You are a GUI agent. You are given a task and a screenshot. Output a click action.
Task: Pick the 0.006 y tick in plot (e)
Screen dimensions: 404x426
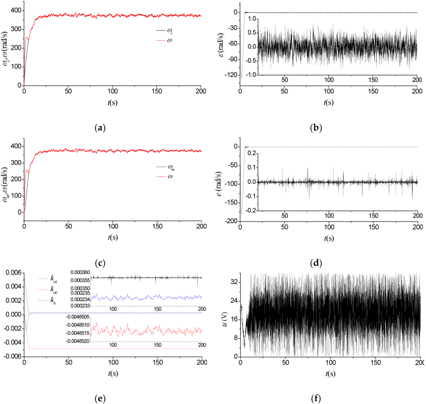(x=12, y=273)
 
